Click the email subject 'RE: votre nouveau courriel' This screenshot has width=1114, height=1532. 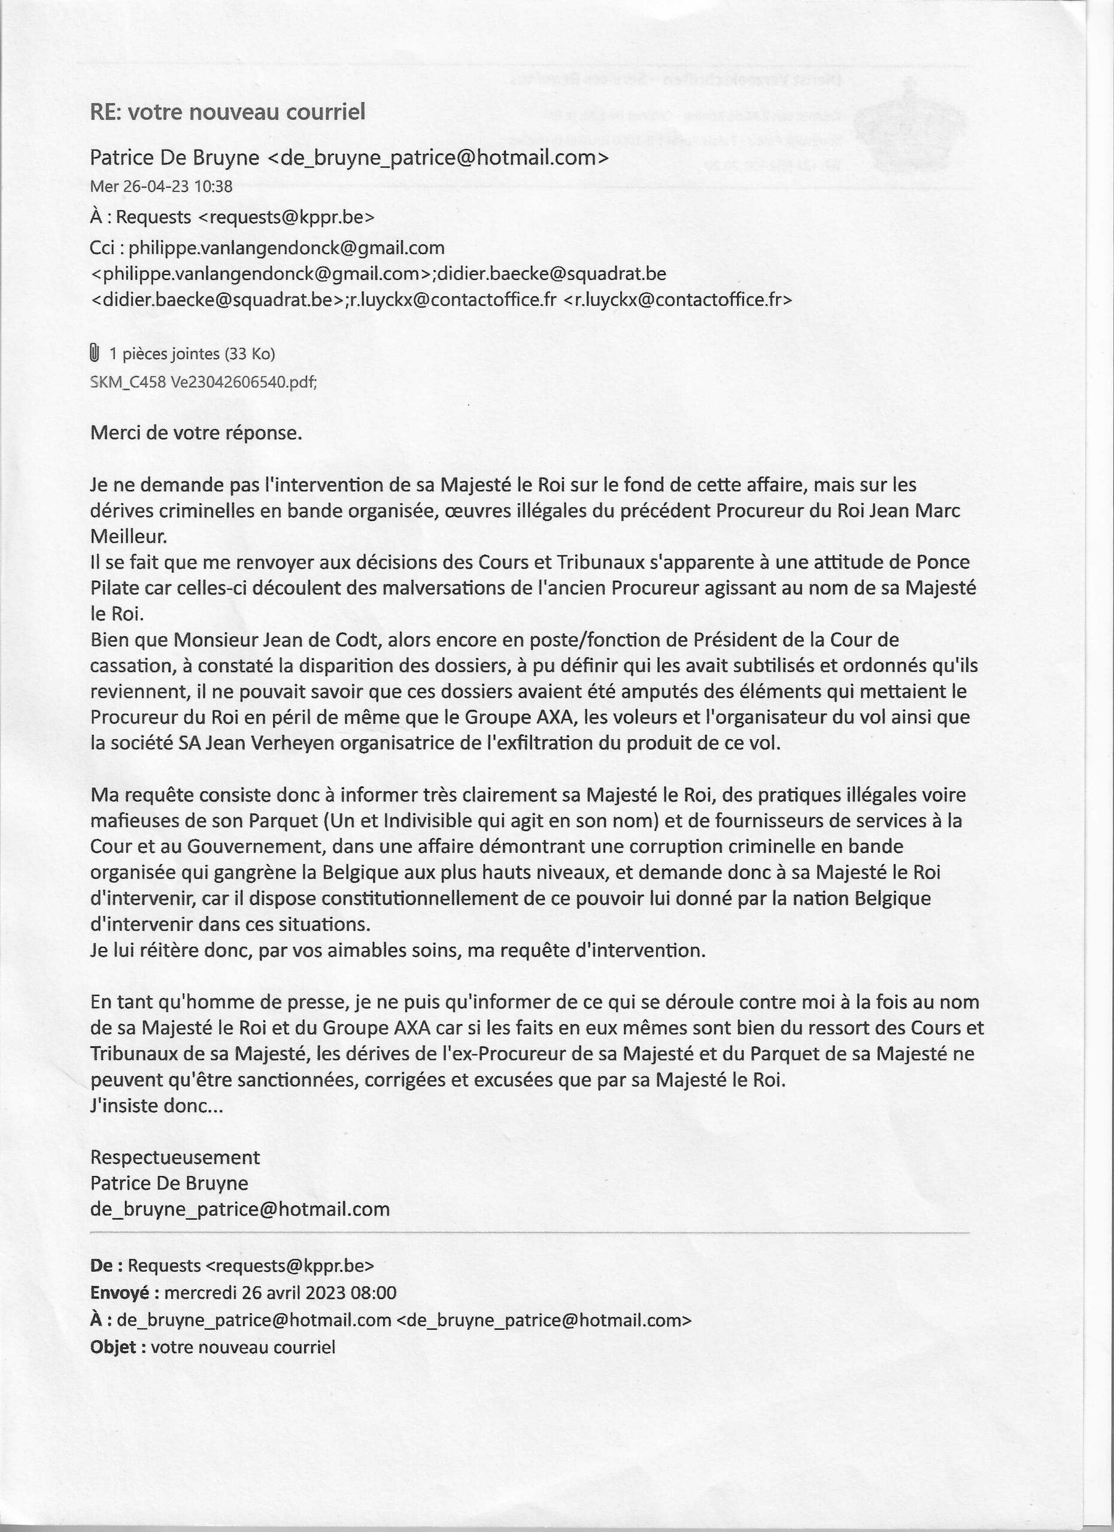[227, 111]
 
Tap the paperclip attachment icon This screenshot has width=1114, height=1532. [95, 352]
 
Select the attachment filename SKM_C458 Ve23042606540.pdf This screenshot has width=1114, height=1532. [204, 382]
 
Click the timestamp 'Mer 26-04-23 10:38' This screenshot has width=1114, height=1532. [161, 187]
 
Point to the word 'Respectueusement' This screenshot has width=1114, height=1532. [175, 1157]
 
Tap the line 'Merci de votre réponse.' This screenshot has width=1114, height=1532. [196, 432]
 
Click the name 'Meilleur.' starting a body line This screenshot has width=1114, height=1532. [128, 536]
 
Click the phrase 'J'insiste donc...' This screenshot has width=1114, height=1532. [156, 1106]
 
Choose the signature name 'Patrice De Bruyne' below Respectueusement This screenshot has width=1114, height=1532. [169, 1183]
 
